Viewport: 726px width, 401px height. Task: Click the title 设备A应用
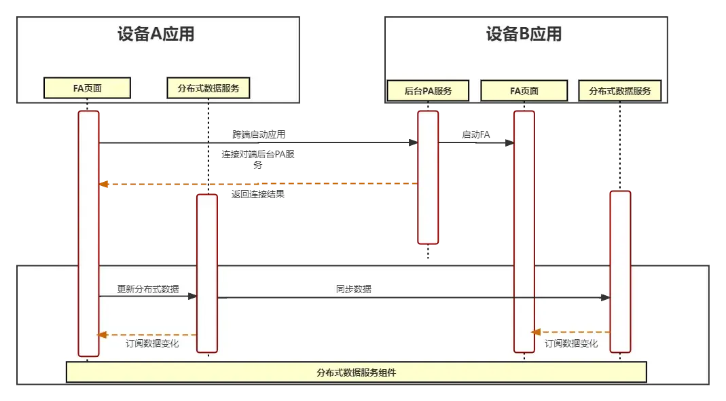pyautogui.click(x=156, y=35)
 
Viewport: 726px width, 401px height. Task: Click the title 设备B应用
pyautogui.click(x=524, y=35)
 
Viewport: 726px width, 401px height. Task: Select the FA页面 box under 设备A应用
pyautogui.click(x=87, y=88)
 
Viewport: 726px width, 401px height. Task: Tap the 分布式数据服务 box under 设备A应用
pyautogui.click(x=208, y=88)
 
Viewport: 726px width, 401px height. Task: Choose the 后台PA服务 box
pyautogui.click(x=428, y=90)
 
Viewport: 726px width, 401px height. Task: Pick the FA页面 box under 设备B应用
pyautogui.click(x=524, y=90)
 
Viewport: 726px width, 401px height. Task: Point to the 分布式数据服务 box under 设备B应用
pyautogui.click(x=620, y=90)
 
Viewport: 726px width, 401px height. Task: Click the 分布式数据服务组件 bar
pyautogui.click(x=356, y=372)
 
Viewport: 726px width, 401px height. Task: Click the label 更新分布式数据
pyautogui.click(x=148, y=289)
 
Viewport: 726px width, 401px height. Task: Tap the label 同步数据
pyautogui.click(x=354, y=289)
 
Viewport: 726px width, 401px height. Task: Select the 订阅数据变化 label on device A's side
pyautogui.click(x=152, y=344)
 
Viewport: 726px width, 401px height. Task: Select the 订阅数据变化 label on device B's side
pyautogui.click(x=571, y=344)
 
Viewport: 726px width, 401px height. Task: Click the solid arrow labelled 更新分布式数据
pyautogui.click(x=148, y=297)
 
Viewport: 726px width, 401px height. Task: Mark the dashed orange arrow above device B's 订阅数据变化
pyautogui.click(x=570, y=332)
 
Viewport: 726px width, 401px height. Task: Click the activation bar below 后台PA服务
pyautogui.click(x=428, y=176)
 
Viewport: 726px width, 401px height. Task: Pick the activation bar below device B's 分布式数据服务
pyautogui.click(x=620, y=271)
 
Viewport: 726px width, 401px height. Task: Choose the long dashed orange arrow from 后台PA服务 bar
pyautogui.click(x=258, y=183)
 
